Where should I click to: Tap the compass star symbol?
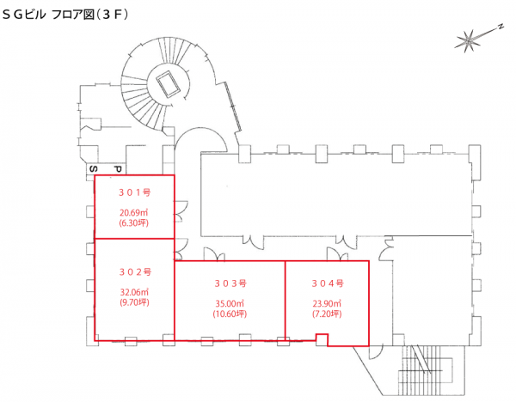469,39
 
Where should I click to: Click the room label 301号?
135,192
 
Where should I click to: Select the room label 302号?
135,271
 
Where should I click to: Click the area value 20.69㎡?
135,211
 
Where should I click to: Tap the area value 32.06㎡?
135,291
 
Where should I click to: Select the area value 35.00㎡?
230,303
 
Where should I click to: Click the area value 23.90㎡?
328,303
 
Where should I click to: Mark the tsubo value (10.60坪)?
230,314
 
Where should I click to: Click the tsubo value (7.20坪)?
328,314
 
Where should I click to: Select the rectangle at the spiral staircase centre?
166,83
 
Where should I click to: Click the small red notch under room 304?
322,340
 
